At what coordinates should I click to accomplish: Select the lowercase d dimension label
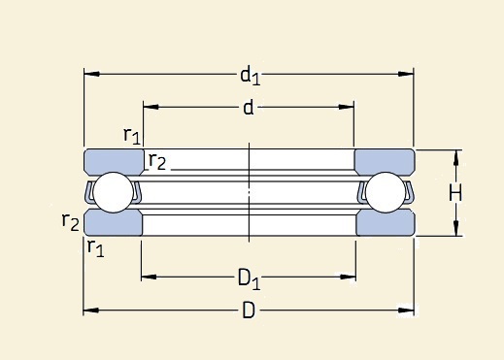pos(249,109)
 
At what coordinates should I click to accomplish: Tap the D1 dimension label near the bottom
pos(250,279)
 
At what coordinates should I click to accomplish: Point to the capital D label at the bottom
pos(249,311)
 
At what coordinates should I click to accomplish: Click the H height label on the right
pos(454,193)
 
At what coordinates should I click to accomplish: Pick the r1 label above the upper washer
pos(132,135)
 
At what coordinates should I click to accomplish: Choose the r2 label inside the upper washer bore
pos(156,162)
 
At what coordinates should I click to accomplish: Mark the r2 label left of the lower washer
pos(70,222)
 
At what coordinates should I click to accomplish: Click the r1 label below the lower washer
pos(96,247)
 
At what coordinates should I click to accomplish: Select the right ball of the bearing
pos(385,193)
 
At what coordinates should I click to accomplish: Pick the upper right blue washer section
pos(384,161)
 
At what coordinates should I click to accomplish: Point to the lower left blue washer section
pos(114,223)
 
